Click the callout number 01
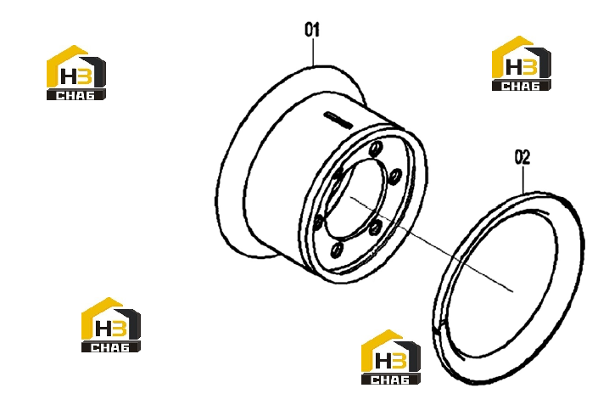pyautogui.click(x=312, y=30)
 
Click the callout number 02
pyautogui.click(x=522, y=157)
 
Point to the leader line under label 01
pyautogui.click(x=313, y=52)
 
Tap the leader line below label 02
pyautogui.click(x=523, y=179)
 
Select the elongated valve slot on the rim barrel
pyautogui.click(x=338, y=120)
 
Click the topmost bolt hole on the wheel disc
pyautogui.click(x=376, y=149)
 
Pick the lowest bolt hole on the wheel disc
pyautogui.click(x=337, y=250)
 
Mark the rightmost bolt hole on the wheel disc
pyautogui.click(x=395, y=177)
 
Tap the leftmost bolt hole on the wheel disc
pyautogui.click(x=318, y=222)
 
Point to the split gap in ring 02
pyautogui.click(x=439, y=326)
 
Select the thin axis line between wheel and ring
pyautogui.click(x=432, y=244)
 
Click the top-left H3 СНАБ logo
pyautogui.click(x=76, y=73)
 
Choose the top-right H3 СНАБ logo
pyautogui.click(x=522, y=64)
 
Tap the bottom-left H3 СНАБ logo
pyautogui.click(x=111, y=325)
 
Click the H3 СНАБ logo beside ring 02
pyautogui.click(x=391, y=357)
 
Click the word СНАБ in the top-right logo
pyautogui.click(x=521, y=86)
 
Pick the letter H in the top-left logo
pyautogui.click(x=70, y=76)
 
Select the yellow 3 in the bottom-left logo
pyautogui.click(x=120, y=328)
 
